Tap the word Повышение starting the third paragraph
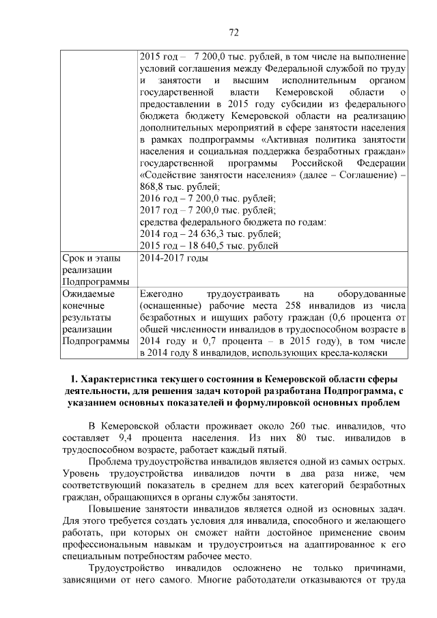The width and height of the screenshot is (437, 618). click(x=115, y=510)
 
